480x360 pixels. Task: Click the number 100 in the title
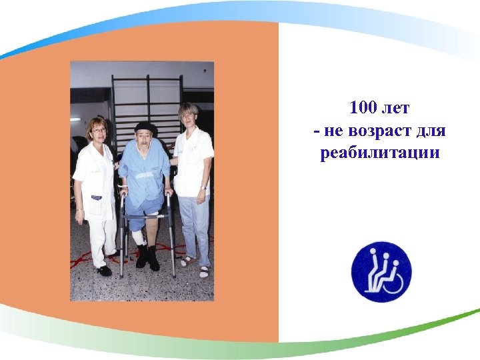pos(363,109)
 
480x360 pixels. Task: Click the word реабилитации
pos(380,153)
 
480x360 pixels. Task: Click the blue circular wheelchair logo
pos(381,271)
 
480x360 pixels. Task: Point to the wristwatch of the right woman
pos(203,188)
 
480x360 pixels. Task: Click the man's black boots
pos(148,257)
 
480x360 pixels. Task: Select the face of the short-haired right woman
pos(187,118)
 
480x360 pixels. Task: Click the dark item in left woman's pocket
pos(97,197)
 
